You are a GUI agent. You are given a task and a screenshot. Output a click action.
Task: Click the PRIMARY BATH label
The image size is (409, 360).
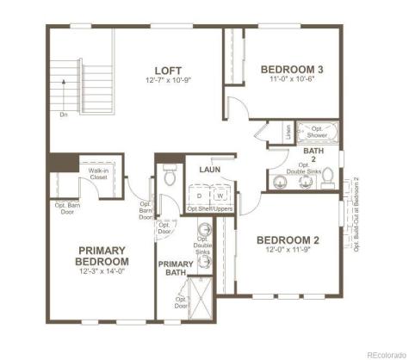pos(176,269)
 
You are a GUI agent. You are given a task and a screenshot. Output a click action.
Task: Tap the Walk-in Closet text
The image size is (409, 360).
pos(98,174)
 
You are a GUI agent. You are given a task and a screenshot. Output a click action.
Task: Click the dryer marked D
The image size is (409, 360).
pos(199,196)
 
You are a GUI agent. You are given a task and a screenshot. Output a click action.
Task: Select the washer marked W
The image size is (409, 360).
pos(220,196)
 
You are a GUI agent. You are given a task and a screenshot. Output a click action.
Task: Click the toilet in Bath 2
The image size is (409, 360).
pos(279,182)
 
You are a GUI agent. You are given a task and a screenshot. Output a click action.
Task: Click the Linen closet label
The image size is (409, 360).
pos(288,133)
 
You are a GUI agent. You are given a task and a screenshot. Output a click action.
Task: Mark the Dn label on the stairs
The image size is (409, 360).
pos(64,113)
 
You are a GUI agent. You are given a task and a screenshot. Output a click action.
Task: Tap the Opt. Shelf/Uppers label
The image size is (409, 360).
pos(210,208)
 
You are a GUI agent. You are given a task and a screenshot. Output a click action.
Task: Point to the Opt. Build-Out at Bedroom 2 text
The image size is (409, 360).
pos(356,213)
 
